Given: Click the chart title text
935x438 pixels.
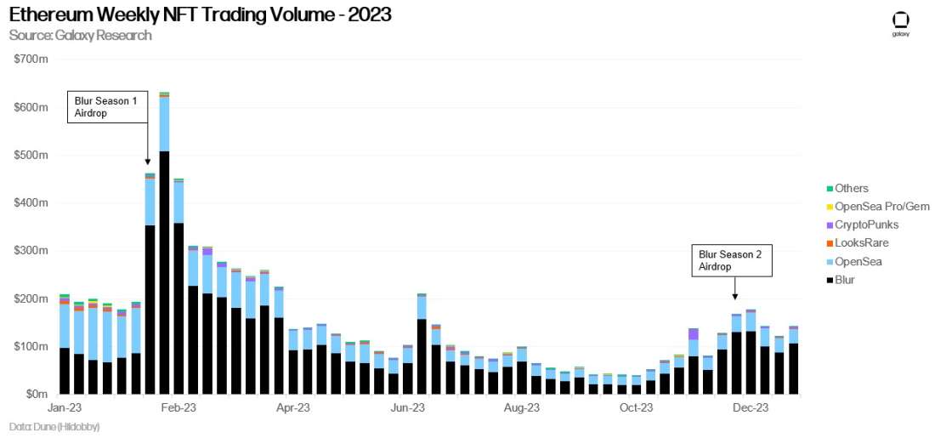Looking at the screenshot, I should (201, 15).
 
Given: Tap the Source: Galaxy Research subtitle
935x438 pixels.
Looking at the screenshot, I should (81, 35).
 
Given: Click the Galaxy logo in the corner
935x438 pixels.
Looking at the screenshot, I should (900, 24).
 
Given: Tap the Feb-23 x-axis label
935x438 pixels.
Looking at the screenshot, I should (178, 408).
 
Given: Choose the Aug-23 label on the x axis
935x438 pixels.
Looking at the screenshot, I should (521, 408).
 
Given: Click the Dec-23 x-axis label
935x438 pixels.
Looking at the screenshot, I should (751, 408).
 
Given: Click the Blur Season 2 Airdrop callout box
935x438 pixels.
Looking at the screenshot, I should (730, 259).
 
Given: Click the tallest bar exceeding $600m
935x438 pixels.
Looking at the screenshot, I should (164, 255).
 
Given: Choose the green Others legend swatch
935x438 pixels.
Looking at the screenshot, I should (829, 189).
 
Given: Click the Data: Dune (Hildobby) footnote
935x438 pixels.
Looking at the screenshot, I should (54, 427).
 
